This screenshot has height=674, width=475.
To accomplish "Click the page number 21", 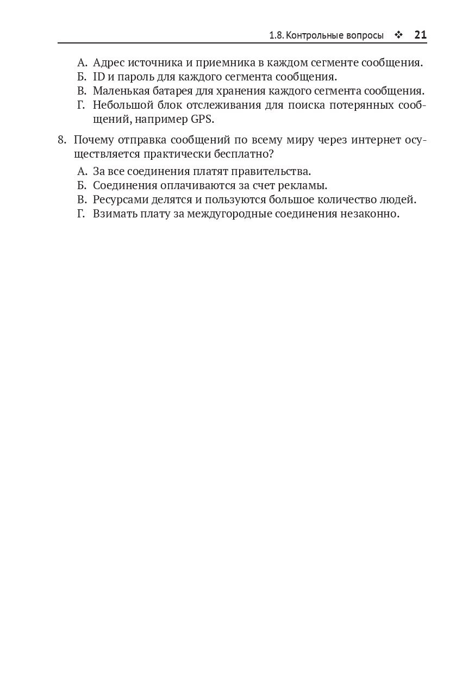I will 420,35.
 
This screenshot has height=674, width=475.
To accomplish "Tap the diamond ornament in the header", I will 398,35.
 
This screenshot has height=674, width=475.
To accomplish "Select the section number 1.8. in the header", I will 276,36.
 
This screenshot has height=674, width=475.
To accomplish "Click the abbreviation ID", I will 99,77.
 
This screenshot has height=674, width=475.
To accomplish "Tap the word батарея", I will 178,91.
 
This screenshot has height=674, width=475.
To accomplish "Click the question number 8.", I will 61,140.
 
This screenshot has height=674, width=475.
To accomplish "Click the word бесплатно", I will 245,154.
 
